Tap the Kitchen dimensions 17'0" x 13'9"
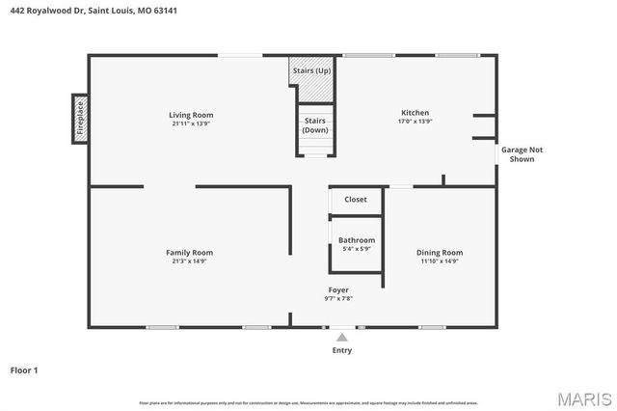(x=415, y=122)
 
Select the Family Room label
(x=189, y=252)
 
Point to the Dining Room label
(x=440, y=252)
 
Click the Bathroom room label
(x=357, y=240)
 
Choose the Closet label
(x=356, y=200)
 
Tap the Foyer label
(x=338, y=289)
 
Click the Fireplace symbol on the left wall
(x=80, y=120)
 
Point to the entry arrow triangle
(x=341, y=337)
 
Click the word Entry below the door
(x=342, y=350)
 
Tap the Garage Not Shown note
(x=521, y=154)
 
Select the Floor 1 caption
(x=24, y=370)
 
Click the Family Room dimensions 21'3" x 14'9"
(x=189, y=260)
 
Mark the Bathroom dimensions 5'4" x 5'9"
(x=357, y=249)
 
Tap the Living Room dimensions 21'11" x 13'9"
(x=191, y=123)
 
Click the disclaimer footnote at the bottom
(x=308, y=402)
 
